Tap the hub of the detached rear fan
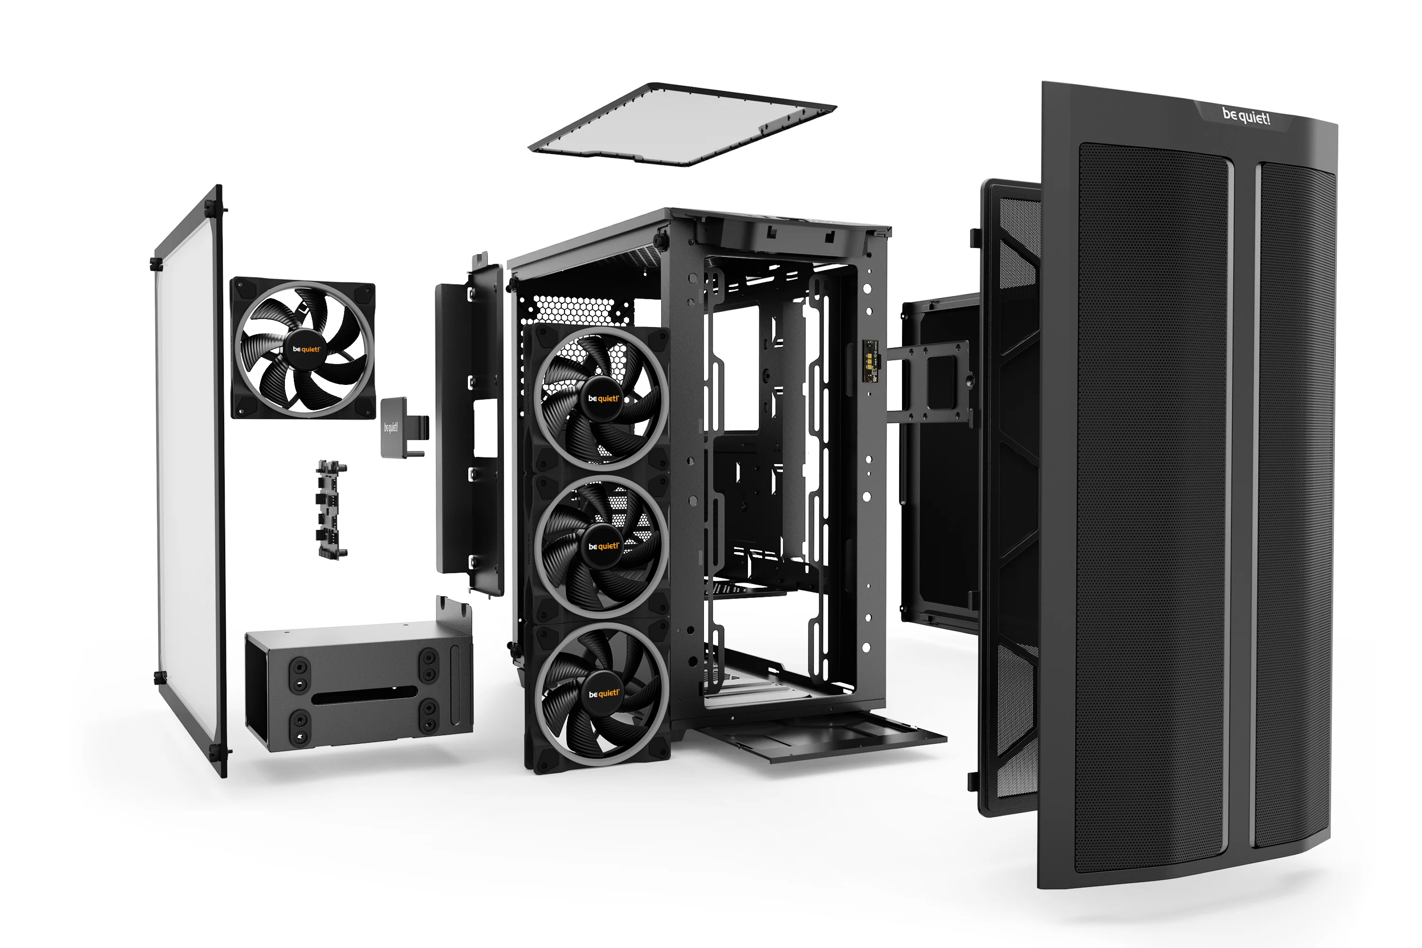306,349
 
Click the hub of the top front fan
603,399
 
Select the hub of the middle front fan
603,546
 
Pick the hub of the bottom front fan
603,693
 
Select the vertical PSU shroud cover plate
469,423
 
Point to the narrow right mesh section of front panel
1294,502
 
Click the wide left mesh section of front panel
1152,502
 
